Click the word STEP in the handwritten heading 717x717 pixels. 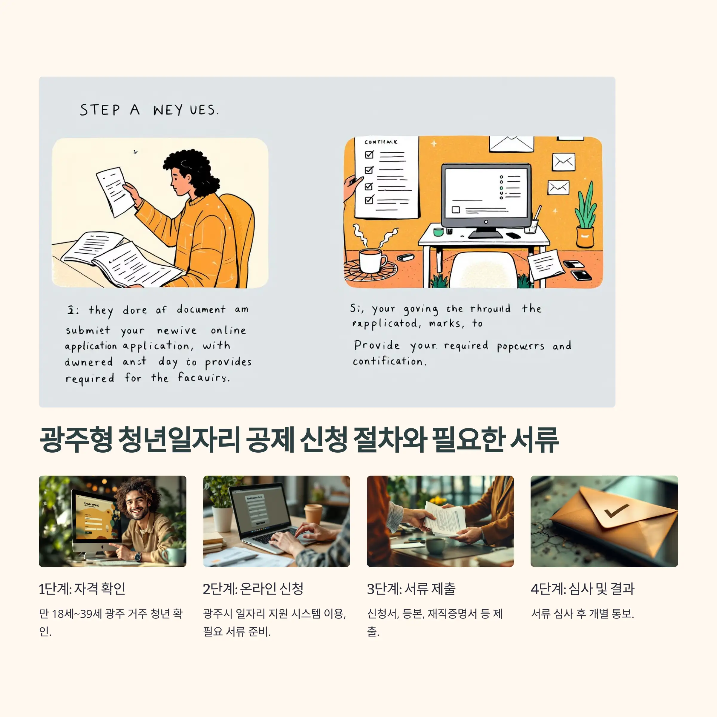[100, 110]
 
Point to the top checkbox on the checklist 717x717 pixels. [369, 154]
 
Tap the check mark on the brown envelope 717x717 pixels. [616, 511]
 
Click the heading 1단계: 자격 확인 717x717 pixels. [82, 589]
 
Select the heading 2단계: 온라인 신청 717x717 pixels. [253, 589]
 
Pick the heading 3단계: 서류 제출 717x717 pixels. [411, 589]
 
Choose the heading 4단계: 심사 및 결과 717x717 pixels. [582, 589]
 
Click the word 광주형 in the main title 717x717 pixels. [76, 440]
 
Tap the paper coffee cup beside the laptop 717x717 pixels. [312, 514]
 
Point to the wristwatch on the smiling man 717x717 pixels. [138, 557]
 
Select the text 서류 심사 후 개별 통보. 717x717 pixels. [582, 614]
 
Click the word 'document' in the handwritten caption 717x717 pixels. [201, 310]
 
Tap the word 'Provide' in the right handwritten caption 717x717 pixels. [376, 345]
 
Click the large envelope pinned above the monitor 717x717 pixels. [511, 144]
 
